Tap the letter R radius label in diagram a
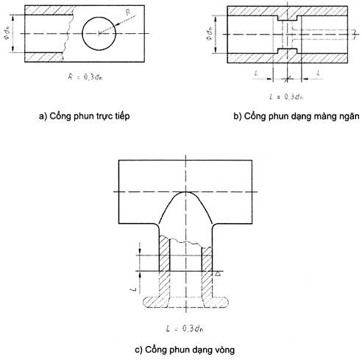(129, 13)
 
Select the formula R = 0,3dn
(85, 77)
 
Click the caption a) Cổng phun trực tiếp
(84, 116)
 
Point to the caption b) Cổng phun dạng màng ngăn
(297, 116)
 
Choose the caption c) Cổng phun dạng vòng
(185, 350)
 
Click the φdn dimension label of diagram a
(9, 33)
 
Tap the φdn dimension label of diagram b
(210, 34)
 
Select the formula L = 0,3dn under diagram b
(286, 96)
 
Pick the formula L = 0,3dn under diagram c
(185, 328)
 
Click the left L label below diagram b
(256, 73)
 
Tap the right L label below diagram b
(318, 73)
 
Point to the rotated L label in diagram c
(133, 289)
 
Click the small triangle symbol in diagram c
(218, 273)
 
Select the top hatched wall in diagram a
(49, 10)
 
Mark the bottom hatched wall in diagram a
(44, 57)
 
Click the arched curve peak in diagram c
(185, 192)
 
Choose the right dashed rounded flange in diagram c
(216, 303)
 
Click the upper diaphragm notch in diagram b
(287, 18)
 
